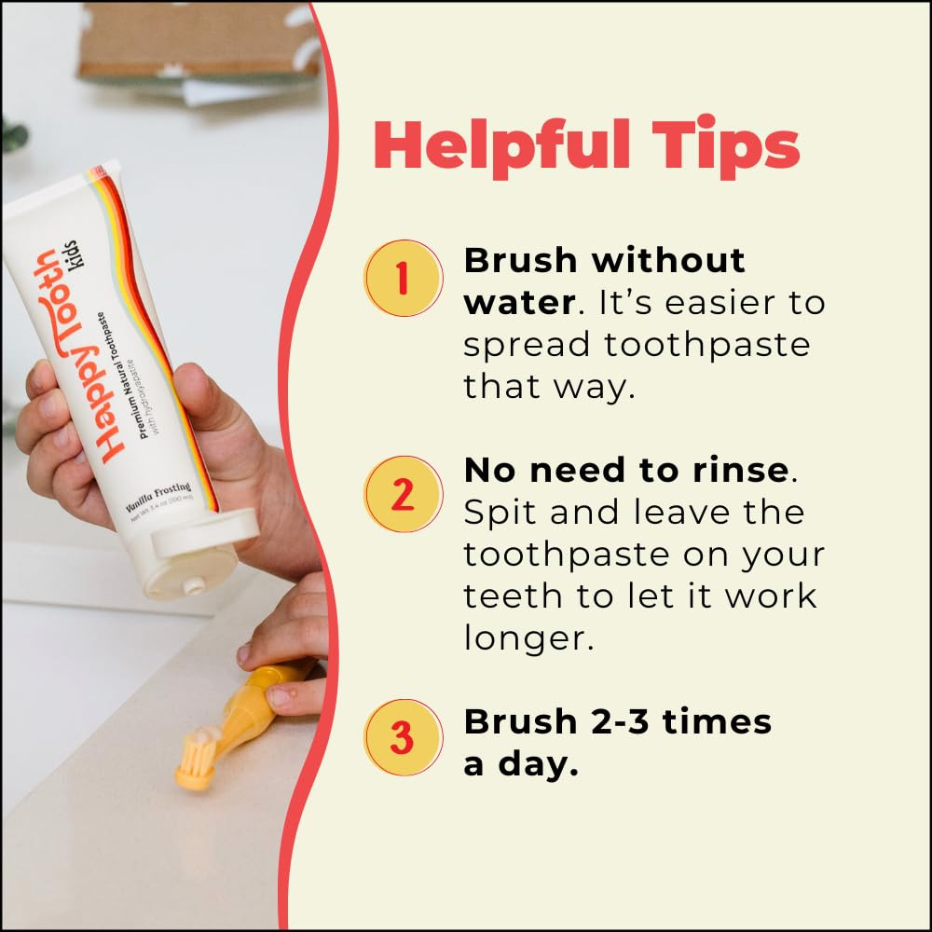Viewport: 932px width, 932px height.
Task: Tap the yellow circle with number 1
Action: pos(403,279)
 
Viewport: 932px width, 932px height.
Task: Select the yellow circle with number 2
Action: pos(403,495)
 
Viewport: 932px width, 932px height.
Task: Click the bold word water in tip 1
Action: pos(515,303)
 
